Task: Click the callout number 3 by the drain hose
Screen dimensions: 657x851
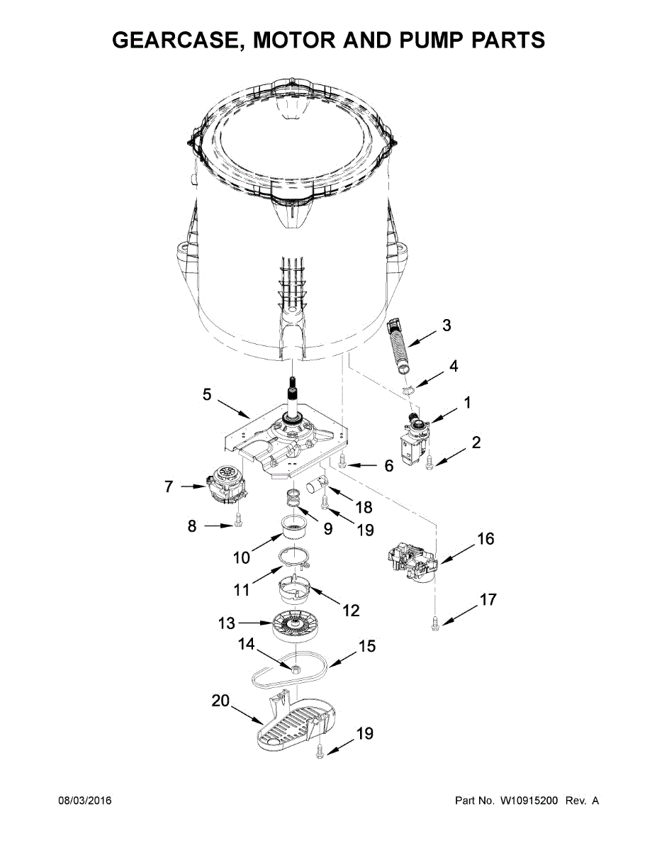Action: pos(447,326)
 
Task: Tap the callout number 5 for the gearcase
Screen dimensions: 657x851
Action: pos(207,394)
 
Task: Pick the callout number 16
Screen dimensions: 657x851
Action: pos(485,539)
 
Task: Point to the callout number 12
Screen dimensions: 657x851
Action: pos(351,611)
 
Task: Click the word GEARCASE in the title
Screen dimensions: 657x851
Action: pos(178,40)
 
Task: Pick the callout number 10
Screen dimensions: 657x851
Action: pos(242,557)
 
